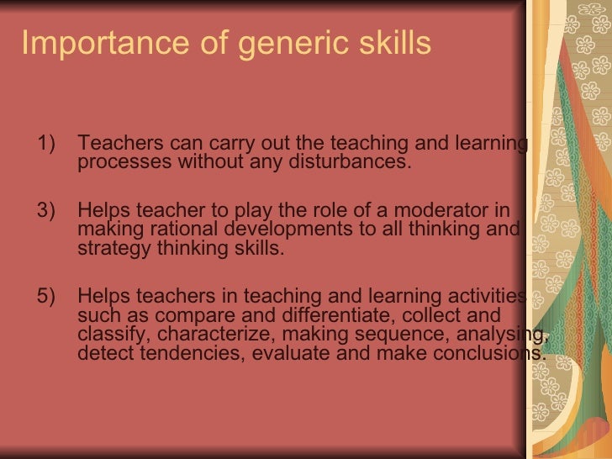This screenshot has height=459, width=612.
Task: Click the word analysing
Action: pyautogui.click(x=504, y=335)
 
